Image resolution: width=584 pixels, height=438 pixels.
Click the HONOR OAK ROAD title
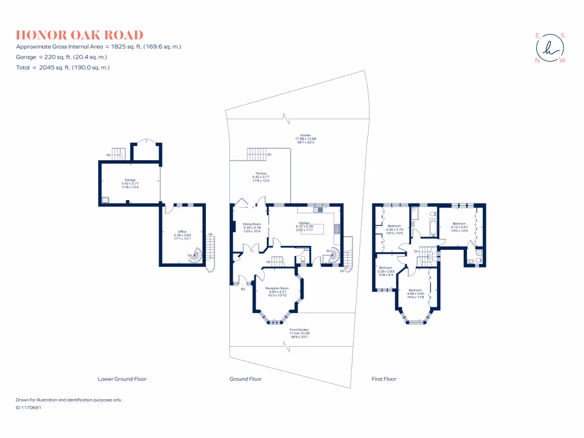(x=80, y=35)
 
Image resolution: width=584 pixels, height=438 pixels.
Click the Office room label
(x=182, y=234)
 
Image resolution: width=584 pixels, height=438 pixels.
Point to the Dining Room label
(x=252, y=226)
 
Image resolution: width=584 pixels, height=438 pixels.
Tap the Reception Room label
(x=277, y=291)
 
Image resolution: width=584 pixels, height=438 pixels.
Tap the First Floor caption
(x=383, y=379)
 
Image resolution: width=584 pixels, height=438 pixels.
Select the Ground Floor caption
(x=245, y=379)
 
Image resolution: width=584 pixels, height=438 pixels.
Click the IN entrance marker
(x=242, y=290)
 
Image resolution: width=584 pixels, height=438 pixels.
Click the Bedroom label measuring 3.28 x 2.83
(x=386, y=270)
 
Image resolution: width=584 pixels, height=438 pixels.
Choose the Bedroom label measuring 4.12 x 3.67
(x=460, y=226)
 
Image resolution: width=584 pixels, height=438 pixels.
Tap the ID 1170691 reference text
(x=29, y=408)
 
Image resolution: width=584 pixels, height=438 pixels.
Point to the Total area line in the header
(x=63, y=67)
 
